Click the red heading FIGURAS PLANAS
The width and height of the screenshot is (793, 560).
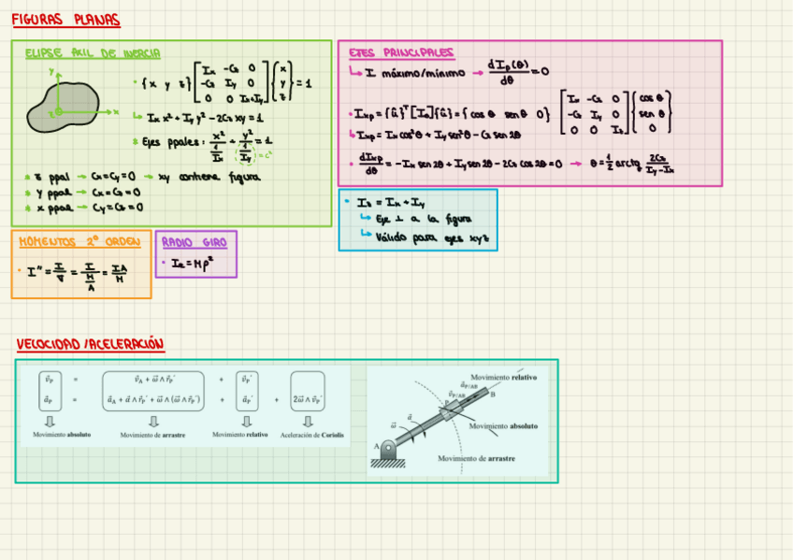[x=65, y=21]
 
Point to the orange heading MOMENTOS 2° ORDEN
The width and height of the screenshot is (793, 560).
[x=79, y=241]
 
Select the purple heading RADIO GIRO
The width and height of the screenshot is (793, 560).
[x=194, y=242]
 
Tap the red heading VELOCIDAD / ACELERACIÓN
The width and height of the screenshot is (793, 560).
[x=90, y=345]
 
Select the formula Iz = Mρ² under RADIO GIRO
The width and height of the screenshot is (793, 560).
[x=192, y=264]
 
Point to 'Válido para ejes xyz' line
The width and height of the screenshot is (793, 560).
[x=430, y=237]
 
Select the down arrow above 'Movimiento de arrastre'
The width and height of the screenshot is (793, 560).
[x=153, y=422]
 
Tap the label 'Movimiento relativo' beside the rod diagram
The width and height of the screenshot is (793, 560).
[x=504, y=377]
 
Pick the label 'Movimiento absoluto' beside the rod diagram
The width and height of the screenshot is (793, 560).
[x=504, y=426]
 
